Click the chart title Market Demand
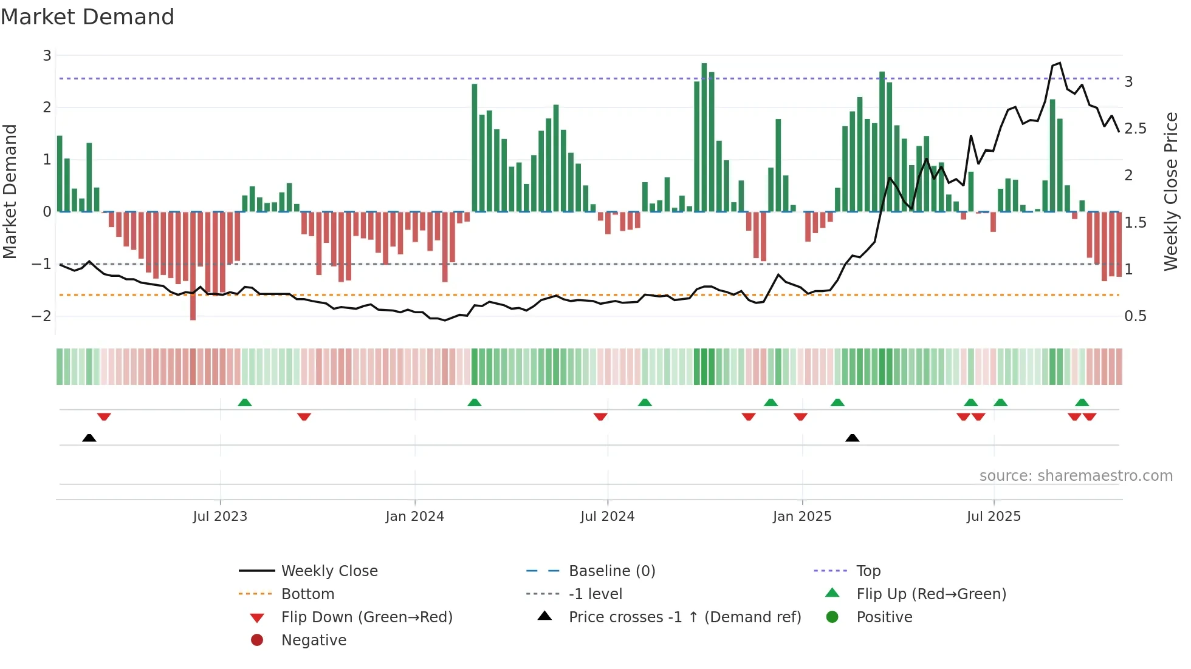88,17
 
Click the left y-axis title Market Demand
10,191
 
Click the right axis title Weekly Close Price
1170,191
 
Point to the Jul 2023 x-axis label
220,517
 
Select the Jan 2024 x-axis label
415,517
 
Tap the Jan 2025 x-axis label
802,517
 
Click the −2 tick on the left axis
41,316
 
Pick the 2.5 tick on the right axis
1135,129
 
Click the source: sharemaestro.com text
1076,476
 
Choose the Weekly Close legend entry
329,571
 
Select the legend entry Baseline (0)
611,571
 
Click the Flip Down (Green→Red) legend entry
366,617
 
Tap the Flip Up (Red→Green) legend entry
931,594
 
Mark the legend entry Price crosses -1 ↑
684,617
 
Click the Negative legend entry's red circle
257,640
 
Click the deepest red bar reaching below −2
193,267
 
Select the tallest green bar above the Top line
704,137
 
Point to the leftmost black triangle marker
89,438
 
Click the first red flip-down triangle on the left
104,416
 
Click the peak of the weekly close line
1060,63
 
